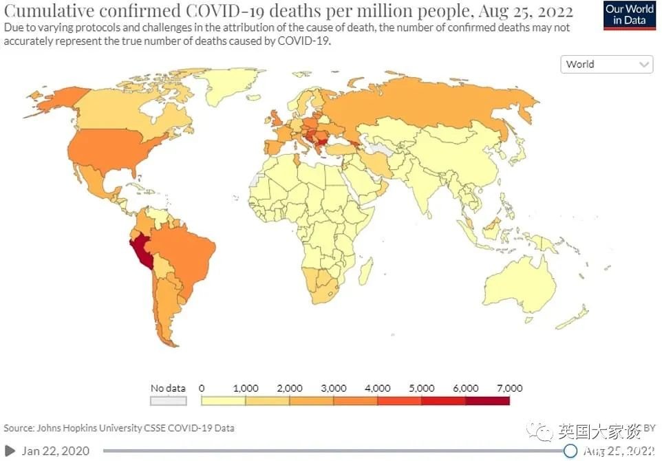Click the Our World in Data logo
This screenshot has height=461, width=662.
630,15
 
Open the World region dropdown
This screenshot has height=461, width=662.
607,64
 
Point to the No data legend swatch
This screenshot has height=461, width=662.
169,400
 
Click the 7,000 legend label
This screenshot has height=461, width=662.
509,388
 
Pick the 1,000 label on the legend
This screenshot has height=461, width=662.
246,388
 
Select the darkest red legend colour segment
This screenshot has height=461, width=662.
487,400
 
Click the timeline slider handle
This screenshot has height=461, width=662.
570,451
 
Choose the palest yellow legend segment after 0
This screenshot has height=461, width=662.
223,400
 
